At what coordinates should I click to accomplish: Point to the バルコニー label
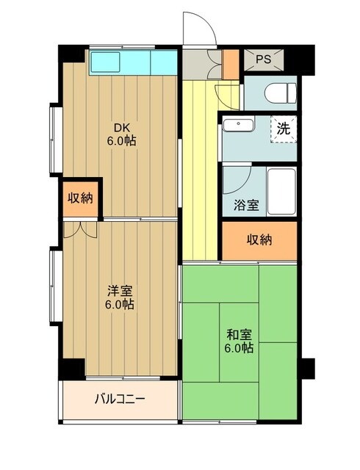[120, 400]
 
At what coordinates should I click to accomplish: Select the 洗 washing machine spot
[283, 128]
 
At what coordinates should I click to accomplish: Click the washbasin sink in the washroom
[237, 124]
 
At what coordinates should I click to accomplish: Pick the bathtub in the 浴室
[281, 191]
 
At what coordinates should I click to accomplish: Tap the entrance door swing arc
[199, 29]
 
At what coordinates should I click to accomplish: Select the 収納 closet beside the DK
[81, 198]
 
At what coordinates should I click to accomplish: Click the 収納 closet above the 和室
[259, 239]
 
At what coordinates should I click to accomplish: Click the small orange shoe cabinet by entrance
[231, 64]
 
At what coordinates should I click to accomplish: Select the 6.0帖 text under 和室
[239, 348]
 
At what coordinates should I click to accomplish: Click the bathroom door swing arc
[237, 178]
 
